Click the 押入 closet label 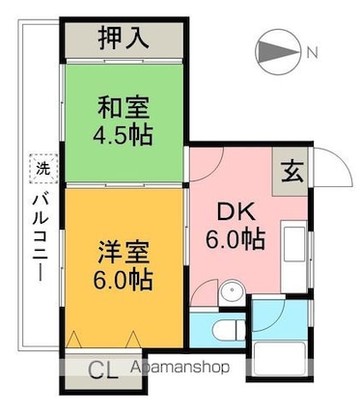125,40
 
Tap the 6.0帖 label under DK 233,238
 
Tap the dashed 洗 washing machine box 41,167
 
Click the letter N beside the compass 313,54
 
